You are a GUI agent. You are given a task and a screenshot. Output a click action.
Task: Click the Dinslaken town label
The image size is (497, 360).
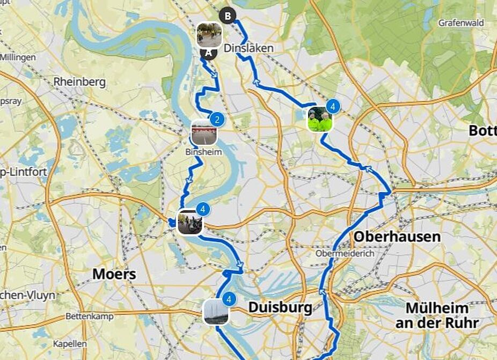pyautogui.click(x=248, y=48)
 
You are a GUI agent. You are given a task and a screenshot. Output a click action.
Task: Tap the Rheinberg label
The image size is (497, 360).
pyautogui.click(x=79, y=82)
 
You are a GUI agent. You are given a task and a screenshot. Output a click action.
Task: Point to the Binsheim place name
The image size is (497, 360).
pyautogui.click(x=203, y=152)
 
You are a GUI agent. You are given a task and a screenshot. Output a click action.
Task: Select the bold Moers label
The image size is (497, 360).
pyautogui.click(x=114, y=274)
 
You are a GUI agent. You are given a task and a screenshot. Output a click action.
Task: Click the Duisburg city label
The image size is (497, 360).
pyautogui.click(x=280, y=308)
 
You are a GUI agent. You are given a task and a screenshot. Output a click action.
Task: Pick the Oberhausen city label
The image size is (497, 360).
pyautogui.click(x=397, y=237)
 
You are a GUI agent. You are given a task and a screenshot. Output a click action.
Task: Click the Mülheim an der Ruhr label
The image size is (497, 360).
pyautogui.click(x=437, y=315)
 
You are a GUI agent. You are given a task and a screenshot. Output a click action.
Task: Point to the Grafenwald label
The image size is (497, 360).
pyautogui.click(x=461, y=23)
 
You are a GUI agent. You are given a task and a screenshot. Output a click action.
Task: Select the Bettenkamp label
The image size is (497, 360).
pyautogui.click(x=90, y=317)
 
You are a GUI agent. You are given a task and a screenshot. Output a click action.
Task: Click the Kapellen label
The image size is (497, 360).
pyautogui.click(x=70, y=344)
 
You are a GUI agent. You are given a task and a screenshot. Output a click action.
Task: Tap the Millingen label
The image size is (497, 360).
pyautogui.click(x=18, y=57)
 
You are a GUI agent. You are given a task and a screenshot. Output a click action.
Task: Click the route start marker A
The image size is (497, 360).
pyautogui.click(x=208, y=53)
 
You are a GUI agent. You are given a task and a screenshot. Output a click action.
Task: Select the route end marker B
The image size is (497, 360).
pyautogui.click(x=228, y=16)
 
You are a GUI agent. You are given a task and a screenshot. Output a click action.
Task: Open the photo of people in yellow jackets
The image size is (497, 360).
pyautogui.click(x=320, y=120)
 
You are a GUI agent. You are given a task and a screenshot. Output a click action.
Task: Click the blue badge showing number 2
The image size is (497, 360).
pyautogui.click(x=217, y=119)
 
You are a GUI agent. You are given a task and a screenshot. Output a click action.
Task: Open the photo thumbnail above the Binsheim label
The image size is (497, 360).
pyautogui.click(x=203, y=133)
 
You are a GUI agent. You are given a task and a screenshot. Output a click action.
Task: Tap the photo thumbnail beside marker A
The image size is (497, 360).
pyautogui.click(x=209, y=35)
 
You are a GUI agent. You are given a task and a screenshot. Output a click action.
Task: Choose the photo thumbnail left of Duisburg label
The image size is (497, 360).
pyautogui.click(x=216, y=312)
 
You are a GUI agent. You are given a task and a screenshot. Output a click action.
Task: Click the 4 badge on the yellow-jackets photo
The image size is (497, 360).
pyautogui.click(x=333, y=107)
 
